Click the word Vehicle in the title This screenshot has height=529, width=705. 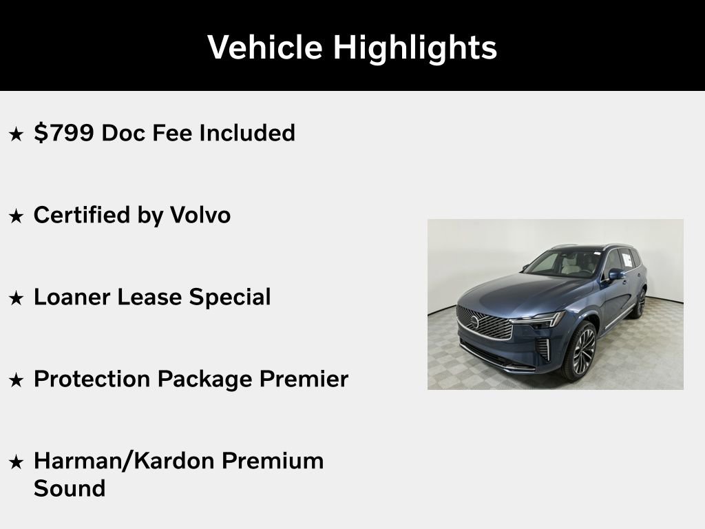coord(264,48)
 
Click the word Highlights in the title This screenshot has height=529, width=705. coord(415,48)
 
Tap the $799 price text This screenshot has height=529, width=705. coord(63,133)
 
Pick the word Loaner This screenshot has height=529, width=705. coord(72,297)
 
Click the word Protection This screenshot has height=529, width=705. coord(92,379)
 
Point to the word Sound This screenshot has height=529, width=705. coord(70,488)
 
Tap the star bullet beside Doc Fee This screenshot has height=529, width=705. coord(16,134)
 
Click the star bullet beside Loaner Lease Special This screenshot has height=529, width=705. coord(16,298)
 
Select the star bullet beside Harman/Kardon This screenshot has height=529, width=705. coord(16,461)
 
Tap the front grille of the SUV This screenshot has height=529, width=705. coord(485,323)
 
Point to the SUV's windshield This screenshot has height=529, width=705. coord(558,264)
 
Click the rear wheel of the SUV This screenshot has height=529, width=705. coord(640,302)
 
